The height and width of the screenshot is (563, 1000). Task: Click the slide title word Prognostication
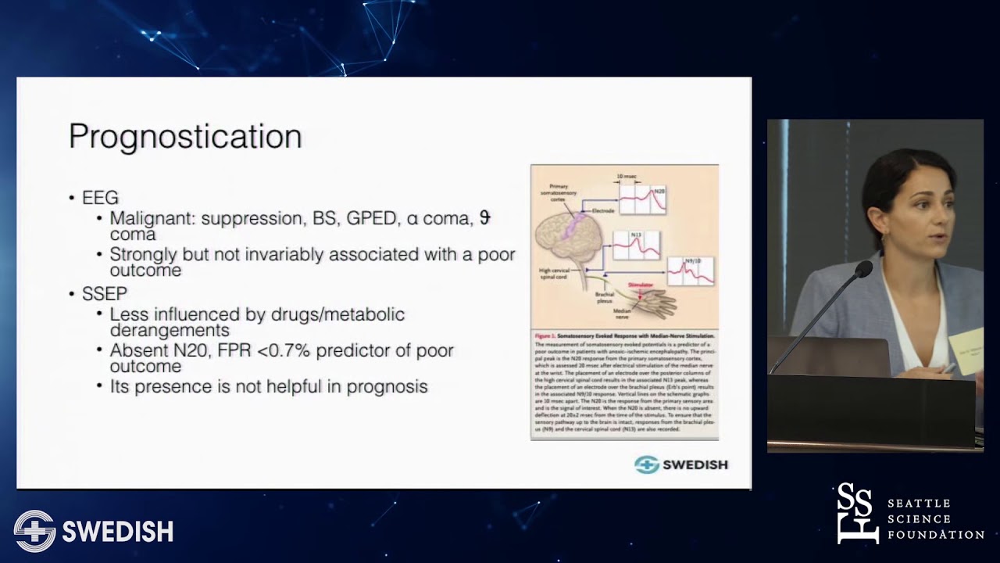185,136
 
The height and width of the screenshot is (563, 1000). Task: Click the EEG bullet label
100,199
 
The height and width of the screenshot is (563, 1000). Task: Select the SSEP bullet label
104,294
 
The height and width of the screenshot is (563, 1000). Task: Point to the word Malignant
152,218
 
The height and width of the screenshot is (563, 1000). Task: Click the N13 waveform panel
636,246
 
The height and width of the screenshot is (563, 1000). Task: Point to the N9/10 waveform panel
690,271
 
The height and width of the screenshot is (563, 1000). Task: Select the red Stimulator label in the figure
640,286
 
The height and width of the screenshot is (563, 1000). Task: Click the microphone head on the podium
862,270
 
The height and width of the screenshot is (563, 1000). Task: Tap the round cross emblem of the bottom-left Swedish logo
34,531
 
